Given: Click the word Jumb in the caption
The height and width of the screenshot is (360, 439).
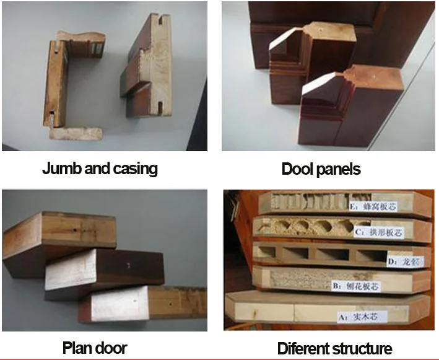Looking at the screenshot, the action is tap(59, 168).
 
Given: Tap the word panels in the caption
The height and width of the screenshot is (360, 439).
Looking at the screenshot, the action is tap(339, 169).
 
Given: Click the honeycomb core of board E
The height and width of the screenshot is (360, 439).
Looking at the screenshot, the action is tap(297, 203).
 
